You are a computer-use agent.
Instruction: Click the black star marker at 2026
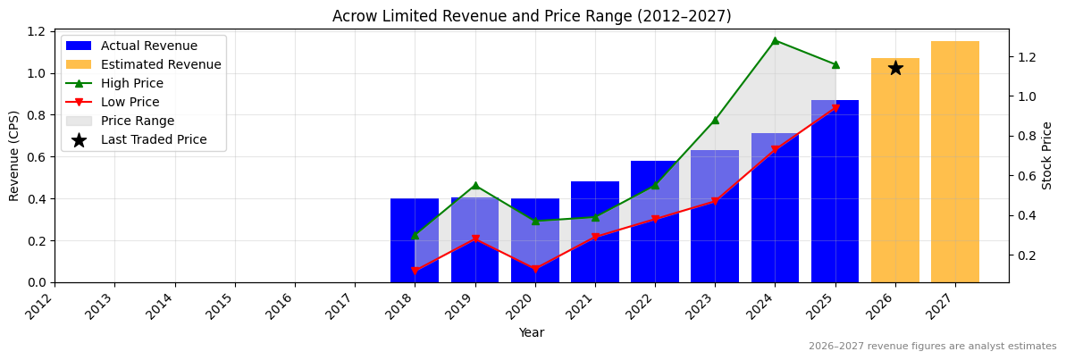click(895, 68)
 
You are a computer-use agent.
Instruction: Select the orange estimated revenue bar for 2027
click(955, 162)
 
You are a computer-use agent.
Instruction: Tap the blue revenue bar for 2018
click(415, 240)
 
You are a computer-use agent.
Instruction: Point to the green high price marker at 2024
click(775, 40)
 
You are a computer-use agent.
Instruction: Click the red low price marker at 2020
click(535, 269)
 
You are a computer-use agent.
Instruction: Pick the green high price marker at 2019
click(475, 186)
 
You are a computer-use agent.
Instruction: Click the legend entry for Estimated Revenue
click(160, 64)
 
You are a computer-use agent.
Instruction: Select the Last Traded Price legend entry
click(153, 139)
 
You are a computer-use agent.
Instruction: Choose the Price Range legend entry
click(137, 121)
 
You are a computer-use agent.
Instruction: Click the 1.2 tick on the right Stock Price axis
click(1026, 57)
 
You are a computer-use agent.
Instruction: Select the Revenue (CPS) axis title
click(14, 155)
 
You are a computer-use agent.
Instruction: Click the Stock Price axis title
click(1047, 155)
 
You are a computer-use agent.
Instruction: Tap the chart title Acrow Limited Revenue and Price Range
click(532, 16)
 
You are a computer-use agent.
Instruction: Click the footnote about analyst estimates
click(932, 347)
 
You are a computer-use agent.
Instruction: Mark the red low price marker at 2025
click(835, 108)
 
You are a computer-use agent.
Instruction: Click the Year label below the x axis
click(532, 333)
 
